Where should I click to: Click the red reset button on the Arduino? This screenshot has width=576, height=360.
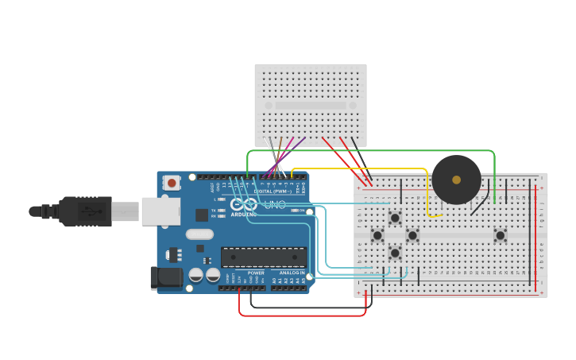click(x=171, y=183)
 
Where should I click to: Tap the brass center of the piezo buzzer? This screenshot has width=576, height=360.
click(x=456, y=180)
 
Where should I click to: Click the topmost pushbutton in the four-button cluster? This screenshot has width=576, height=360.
click(x=395, y=218)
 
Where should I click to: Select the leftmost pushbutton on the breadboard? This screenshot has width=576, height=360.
click(x=377, y=235)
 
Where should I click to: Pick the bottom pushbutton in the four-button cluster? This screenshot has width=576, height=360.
click(x=395, y=253)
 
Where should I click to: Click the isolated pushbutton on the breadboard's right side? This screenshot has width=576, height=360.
click(x=500, y=235)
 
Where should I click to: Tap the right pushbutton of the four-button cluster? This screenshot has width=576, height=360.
click(x=412, y=235)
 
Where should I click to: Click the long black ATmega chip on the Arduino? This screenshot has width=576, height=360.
click(x=264, y=257)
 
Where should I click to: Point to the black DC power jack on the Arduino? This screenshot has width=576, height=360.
click(x=165, y=277)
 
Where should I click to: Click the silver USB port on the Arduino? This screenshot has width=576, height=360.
click(x=160, y=211)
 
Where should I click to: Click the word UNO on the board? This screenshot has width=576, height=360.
click(x=274, y=205)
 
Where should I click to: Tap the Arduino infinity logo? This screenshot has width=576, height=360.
click(x=244, y=205)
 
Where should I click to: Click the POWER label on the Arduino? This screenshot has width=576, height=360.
click(x=256, y=273)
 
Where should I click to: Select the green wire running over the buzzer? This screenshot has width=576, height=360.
click(x=373, y=150)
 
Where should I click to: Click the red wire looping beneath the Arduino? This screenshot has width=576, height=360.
click(x=302, y=315)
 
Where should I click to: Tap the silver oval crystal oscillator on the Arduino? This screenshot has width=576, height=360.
click(x=199, y=234)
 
